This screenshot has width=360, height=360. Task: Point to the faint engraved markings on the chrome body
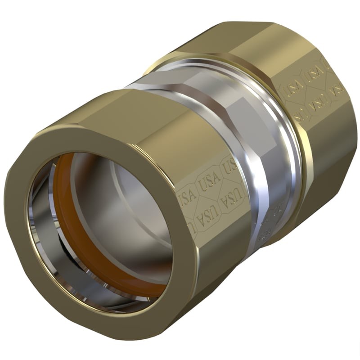[x=272, y=211]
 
